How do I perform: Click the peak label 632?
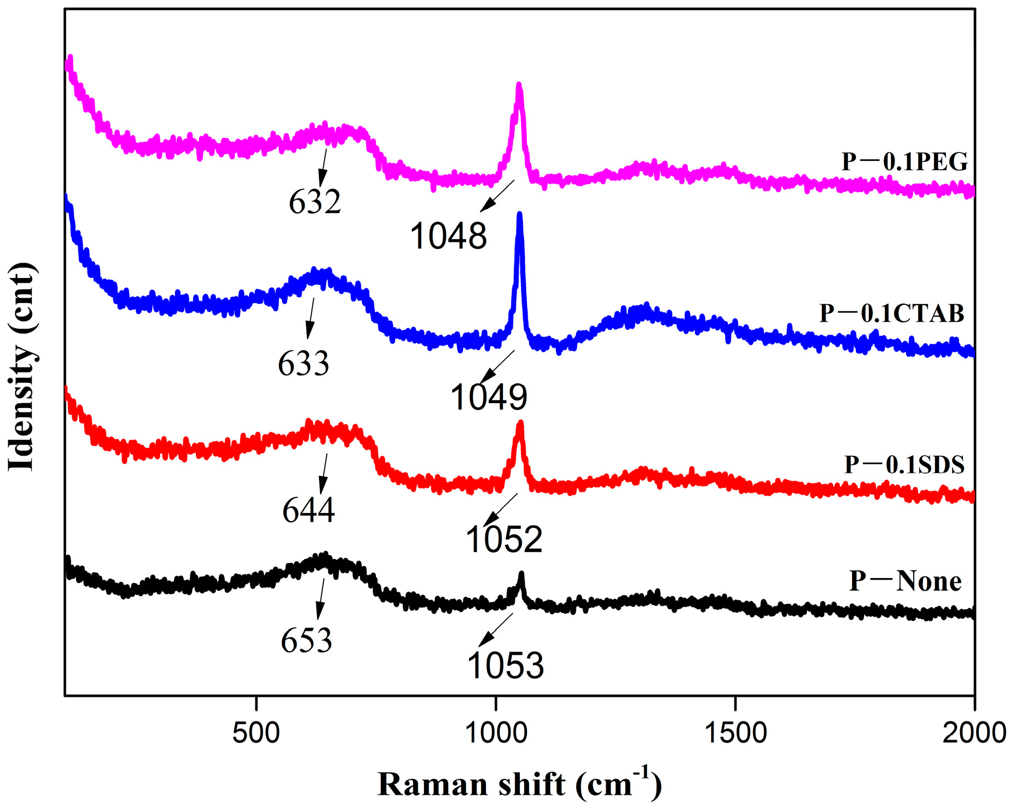(x=315, y=202)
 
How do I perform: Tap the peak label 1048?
(x=448, y=237)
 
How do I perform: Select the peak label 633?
(x=304, y=363)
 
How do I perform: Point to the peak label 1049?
(x=489, y=397)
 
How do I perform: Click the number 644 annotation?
(x=309, y=510)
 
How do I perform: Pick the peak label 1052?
(x=503, y=540)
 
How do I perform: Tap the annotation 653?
(x=306, y=640)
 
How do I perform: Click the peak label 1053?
(x=505, y=666)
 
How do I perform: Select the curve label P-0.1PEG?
(x=904, y=162)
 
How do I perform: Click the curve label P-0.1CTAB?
(x=891, y=313)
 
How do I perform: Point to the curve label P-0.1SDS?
(x=904, y=464)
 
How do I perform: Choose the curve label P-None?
(x=905, y=581)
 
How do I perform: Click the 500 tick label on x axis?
(x=256, y=732)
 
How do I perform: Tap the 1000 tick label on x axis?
(x=496, y=732)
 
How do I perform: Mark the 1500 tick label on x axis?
(x=735, y=732)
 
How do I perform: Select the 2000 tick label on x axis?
(x=974, y=732)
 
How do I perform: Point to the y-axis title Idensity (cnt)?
(x=22, y=366)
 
